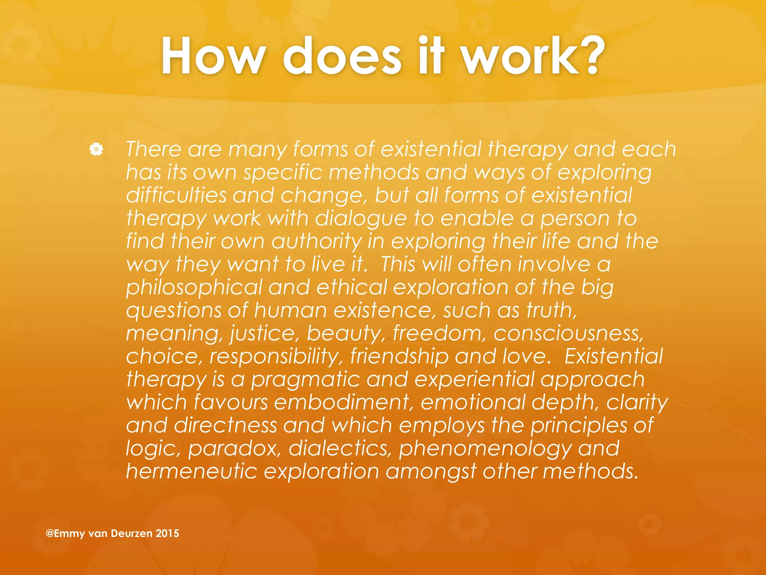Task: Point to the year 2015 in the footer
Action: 167,533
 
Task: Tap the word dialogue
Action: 361,219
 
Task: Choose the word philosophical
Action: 194,288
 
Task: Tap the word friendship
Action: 399,357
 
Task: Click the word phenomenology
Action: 485,449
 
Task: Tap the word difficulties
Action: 177,195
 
